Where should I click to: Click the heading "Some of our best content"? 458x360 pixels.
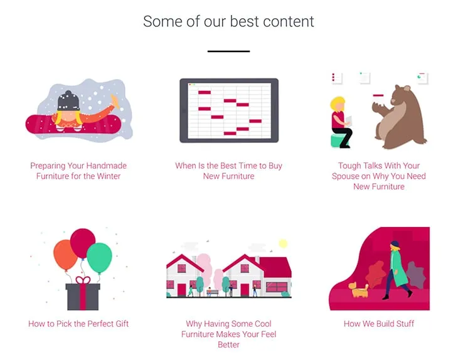point(228,21)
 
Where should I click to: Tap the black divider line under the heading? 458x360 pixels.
point(229,51)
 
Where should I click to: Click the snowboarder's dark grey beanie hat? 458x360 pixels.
point(68,101)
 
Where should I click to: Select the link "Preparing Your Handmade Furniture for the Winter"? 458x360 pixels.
point(78,171)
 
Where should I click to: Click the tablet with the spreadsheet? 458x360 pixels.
point(229,110)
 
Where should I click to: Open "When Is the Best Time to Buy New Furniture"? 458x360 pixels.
point(229,171)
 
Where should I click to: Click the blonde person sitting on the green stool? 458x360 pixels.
point(341,122)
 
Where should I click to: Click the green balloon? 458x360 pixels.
point(99,258)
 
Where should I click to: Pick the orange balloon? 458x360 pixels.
point(65,255)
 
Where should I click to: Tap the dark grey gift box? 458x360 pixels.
point(83,297)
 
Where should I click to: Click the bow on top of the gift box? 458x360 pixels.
point(83,280)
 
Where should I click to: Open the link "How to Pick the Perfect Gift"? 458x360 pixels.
point(78,324)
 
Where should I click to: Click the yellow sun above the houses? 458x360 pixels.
point(283,243)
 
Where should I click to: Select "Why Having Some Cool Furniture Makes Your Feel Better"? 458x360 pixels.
point(229,334)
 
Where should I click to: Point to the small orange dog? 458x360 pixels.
point(358,289)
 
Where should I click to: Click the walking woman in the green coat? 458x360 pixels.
point(398,270)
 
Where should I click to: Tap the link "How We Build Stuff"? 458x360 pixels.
point(379,324)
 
